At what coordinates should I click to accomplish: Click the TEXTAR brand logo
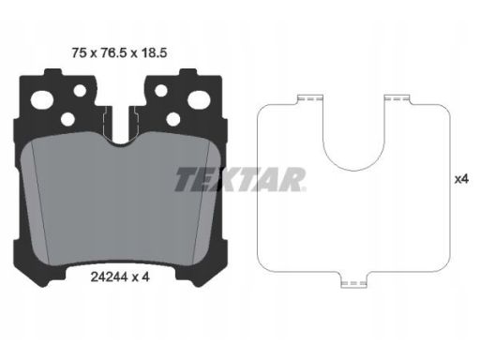240,179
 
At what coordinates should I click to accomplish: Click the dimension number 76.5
113,52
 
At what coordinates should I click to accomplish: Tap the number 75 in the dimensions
79,52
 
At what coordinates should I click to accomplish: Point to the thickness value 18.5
154,52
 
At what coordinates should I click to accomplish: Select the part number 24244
109,277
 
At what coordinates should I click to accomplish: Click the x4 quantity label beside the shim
461,179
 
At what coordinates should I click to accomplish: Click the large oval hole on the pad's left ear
41,100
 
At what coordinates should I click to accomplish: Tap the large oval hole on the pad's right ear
199,99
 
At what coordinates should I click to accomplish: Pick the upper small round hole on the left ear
80,90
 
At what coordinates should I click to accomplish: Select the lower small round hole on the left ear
67,119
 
